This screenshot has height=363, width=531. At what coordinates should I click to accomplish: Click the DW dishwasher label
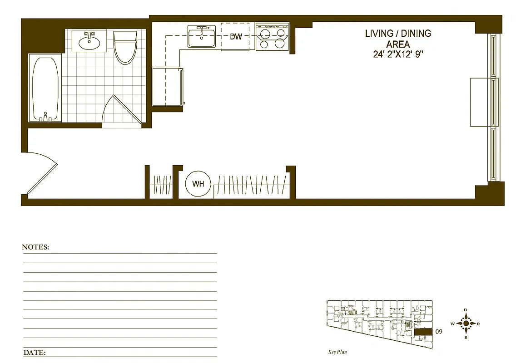coord(236,37)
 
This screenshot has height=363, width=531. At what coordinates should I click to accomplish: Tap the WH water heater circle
coord(198,184)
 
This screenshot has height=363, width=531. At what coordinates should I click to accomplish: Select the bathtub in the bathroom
coord(45,88)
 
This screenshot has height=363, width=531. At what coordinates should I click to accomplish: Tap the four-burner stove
coord(272,37)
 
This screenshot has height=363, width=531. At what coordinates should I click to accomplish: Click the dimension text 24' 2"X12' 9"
coord(398,54)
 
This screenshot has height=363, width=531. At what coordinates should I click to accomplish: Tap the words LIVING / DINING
coord(398,34)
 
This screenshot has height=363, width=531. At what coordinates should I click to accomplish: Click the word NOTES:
coord(35,247)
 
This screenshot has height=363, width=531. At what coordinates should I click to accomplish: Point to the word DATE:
coord(34,352)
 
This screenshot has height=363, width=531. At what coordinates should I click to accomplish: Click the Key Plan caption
coord(337,352)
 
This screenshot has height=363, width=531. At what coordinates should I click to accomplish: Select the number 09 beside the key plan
coord(438,332)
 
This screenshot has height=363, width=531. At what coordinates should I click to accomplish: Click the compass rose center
coord(466,324)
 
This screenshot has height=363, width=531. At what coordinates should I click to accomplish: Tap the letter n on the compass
coord(466,309)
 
